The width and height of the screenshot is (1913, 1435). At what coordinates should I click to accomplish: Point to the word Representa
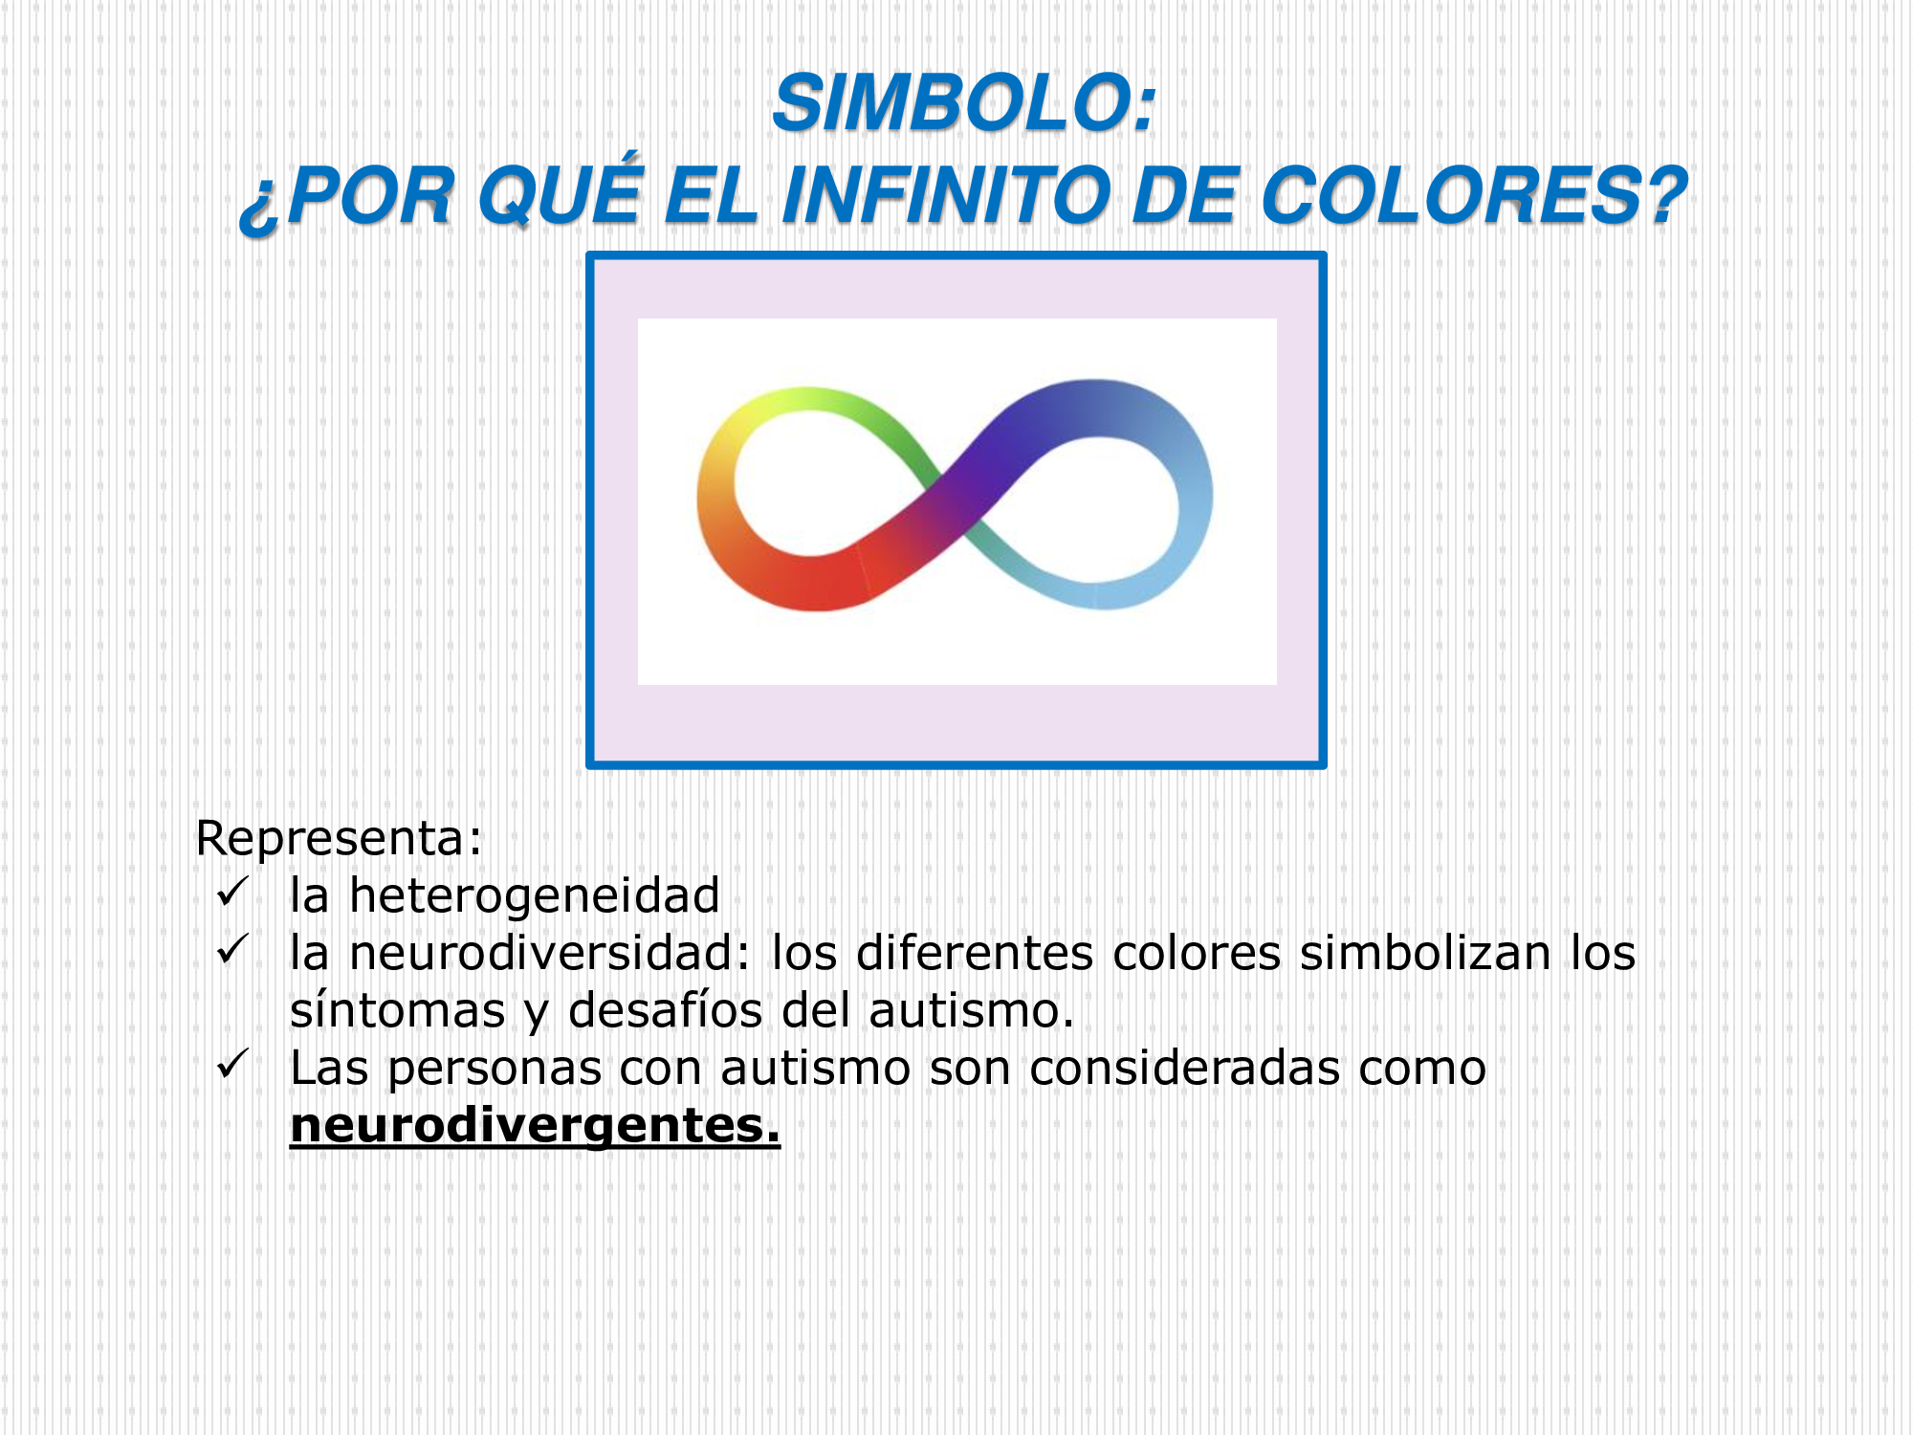pos(331,838)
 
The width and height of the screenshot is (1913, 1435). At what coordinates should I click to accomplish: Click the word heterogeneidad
pos(534,895)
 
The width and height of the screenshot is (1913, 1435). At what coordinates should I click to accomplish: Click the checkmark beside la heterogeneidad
pos(232,892)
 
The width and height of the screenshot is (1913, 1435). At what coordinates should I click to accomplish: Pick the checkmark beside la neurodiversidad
pos(232,949)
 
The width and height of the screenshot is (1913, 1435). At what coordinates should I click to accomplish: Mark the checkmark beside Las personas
pos(232,1064)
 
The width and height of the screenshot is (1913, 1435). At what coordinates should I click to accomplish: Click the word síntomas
pos(397,1010)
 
